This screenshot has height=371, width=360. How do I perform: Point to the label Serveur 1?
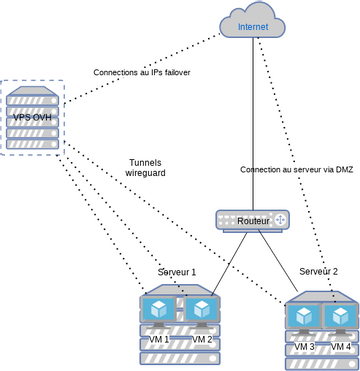pyautogui.click(x=177, y=272)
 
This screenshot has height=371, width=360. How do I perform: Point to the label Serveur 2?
pyautogui.click(x=318, y=271)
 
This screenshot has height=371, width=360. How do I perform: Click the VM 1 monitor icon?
pyautogui.click(x=159, y=312)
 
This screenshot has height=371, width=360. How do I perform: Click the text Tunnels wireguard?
pyautogui.click(x=145, y=168)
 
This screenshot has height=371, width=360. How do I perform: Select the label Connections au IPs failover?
pyautogui.click(x=141, y=73)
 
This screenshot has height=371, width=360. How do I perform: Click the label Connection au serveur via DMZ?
pyautogui.click(x=296, y=169)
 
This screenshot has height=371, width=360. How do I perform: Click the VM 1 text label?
pyautogui.click(x=160, y=339)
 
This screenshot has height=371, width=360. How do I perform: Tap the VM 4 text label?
pyautogui.click(x=341, y=346)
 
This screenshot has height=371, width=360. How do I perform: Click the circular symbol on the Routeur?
pyautogui.click(x=280, y=219)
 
